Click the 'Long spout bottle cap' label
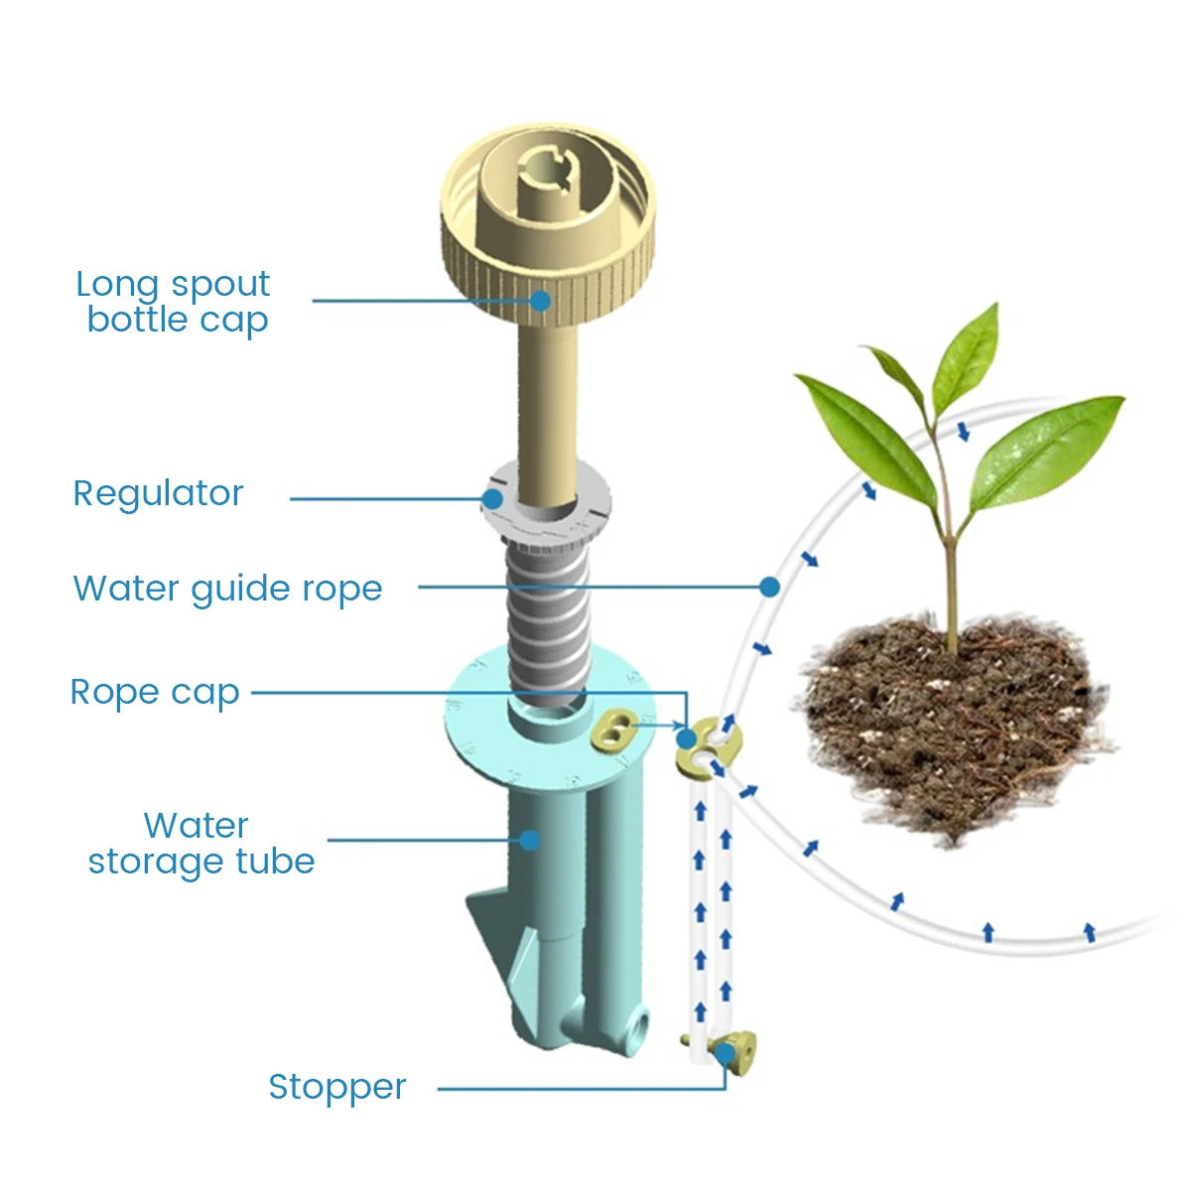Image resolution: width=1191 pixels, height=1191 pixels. click(x=174, y=302)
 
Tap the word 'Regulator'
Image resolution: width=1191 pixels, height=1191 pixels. click(x=159, y=493)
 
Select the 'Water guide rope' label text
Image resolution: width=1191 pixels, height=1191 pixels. click(x=227, y=589)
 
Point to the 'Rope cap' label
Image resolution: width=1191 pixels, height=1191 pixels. click(x=155, y=692)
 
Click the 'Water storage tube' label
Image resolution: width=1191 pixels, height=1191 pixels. click(x=201, y=844)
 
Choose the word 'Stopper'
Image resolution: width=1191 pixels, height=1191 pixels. click(x=337, y=1087)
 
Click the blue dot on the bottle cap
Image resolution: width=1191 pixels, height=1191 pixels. click(x=540, y=299)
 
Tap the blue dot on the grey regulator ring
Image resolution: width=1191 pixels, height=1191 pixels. click(x=492, y=498)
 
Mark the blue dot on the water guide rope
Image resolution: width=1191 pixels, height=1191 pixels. click(x=769, y=587)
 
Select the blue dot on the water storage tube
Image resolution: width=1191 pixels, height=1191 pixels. click(x=530, y=841)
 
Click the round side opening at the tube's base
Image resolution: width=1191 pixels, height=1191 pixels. click(x=633, y=1023)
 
